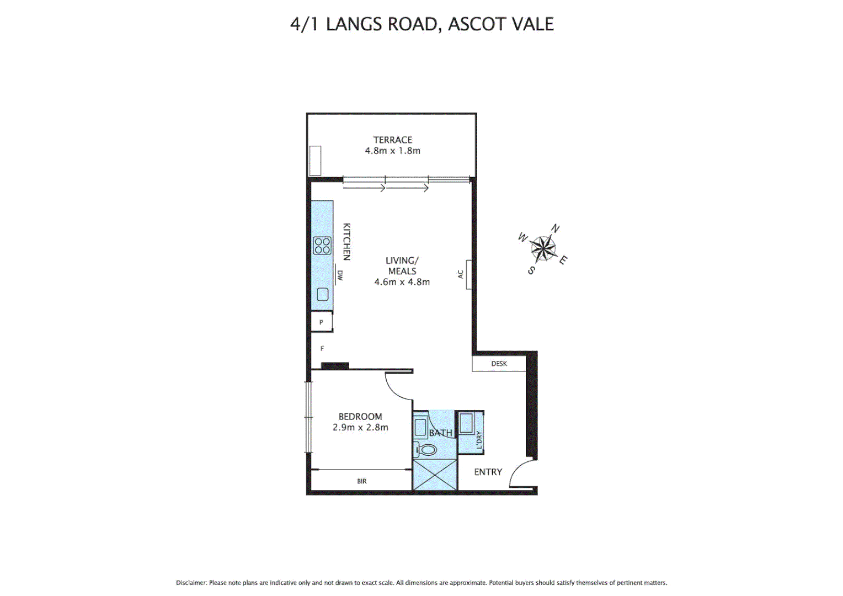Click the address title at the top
pyautogui.click(x=421, y=24)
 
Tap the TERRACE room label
pyautogui.click(x=392, y=140)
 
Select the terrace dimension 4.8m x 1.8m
pyautogui.click(x=392, y=151)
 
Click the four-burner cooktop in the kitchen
pyautogui.click(x=322, y=246)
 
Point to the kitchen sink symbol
pyautogui.click(x=323, y=294)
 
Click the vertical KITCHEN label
pyautogui.click(x=346, y=242)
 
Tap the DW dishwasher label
pyautogui.click(x=340, y=275)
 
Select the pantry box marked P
pyautogui.click(x=321, y=322)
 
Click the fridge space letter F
pyautogui.click(x=322, y=349)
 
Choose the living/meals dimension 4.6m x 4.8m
pyautogui.click(x=402, y=282)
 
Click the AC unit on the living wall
pyautogui.click(x=468, y=274)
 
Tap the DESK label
pyautogui.click(x=499, y=364)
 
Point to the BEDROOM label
pyautogui.click(x=360, y=417)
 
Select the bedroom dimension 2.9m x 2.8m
pyautogui.click(x=360, y=427)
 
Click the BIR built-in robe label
pyautogui.click(x=362, y=481)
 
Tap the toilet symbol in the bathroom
pyautogui.click(x=426, y=450)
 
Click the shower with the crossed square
pyautogui.click(x=435, y=474)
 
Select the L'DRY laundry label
pyautogui.click(x=479, y=440)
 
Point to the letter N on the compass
pyautogui.click(x=556, y=228)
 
